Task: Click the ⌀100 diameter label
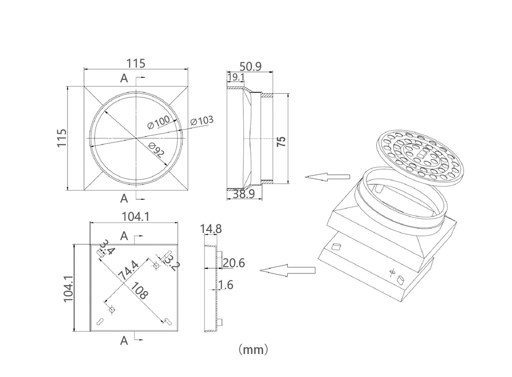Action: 159,123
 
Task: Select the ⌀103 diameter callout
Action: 202,121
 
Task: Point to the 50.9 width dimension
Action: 251,67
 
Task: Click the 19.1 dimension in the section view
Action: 236,77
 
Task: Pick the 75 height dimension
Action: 281,141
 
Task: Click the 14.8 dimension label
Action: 211,229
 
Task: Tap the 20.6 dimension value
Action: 233,263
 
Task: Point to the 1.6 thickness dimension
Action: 226,285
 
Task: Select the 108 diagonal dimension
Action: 139,291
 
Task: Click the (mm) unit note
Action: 253,350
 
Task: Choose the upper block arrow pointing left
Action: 327,177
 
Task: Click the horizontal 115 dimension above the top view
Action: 136,64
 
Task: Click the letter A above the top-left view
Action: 124,78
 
